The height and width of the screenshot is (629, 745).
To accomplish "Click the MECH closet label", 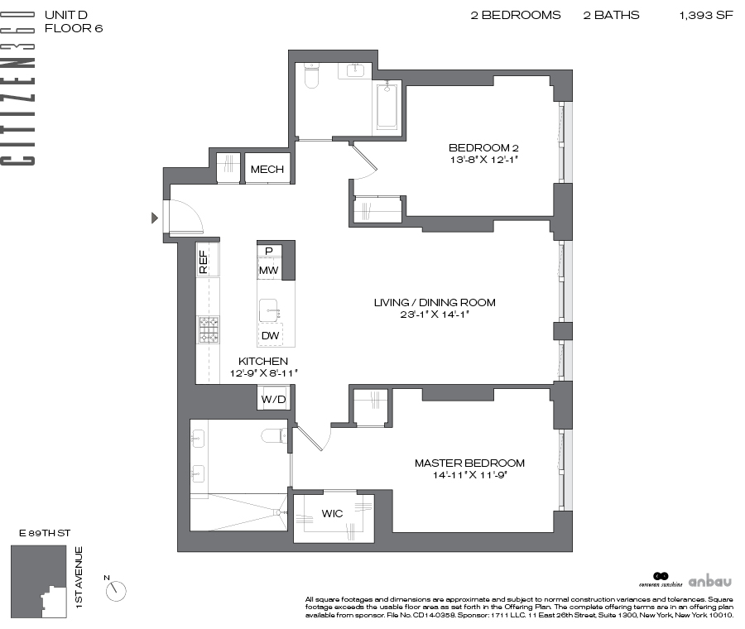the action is click(267, 169).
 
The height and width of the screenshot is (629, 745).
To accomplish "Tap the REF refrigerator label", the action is click(204, 262).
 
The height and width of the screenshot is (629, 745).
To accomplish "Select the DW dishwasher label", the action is click(271, 335).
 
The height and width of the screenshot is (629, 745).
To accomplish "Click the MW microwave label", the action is click(268, 271).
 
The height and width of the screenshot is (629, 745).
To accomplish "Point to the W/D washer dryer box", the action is click(273, 399).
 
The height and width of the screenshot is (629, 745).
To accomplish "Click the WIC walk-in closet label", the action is click(332, 514).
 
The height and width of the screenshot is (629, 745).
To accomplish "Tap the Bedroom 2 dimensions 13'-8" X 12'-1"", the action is click(483, 160).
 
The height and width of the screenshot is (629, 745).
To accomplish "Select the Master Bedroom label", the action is click(469, 463).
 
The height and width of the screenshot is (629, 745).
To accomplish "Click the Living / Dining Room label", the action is click(435, 302).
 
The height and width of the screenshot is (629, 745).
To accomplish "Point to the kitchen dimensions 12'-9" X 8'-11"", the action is click(264, 373).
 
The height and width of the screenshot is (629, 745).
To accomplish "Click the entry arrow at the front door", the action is click(155, 218).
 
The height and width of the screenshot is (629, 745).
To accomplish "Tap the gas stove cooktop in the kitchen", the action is click(209, 329).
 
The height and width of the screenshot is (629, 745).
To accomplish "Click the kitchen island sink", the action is click(269, 310).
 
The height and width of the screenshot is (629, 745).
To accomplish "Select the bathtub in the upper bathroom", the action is click(387, 107).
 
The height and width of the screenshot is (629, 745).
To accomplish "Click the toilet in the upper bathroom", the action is click(311, 76).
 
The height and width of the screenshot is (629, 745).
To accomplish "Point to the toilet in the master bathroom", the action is click(274, 435).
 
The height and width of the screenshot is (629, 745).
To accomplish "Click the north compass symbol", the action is click(115, 591).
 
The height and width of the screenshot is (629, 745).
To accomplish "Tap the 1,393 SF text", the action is click(706, 15).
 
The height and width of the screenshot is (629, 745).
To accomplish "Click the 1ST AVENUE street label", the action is click(79, 577).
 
